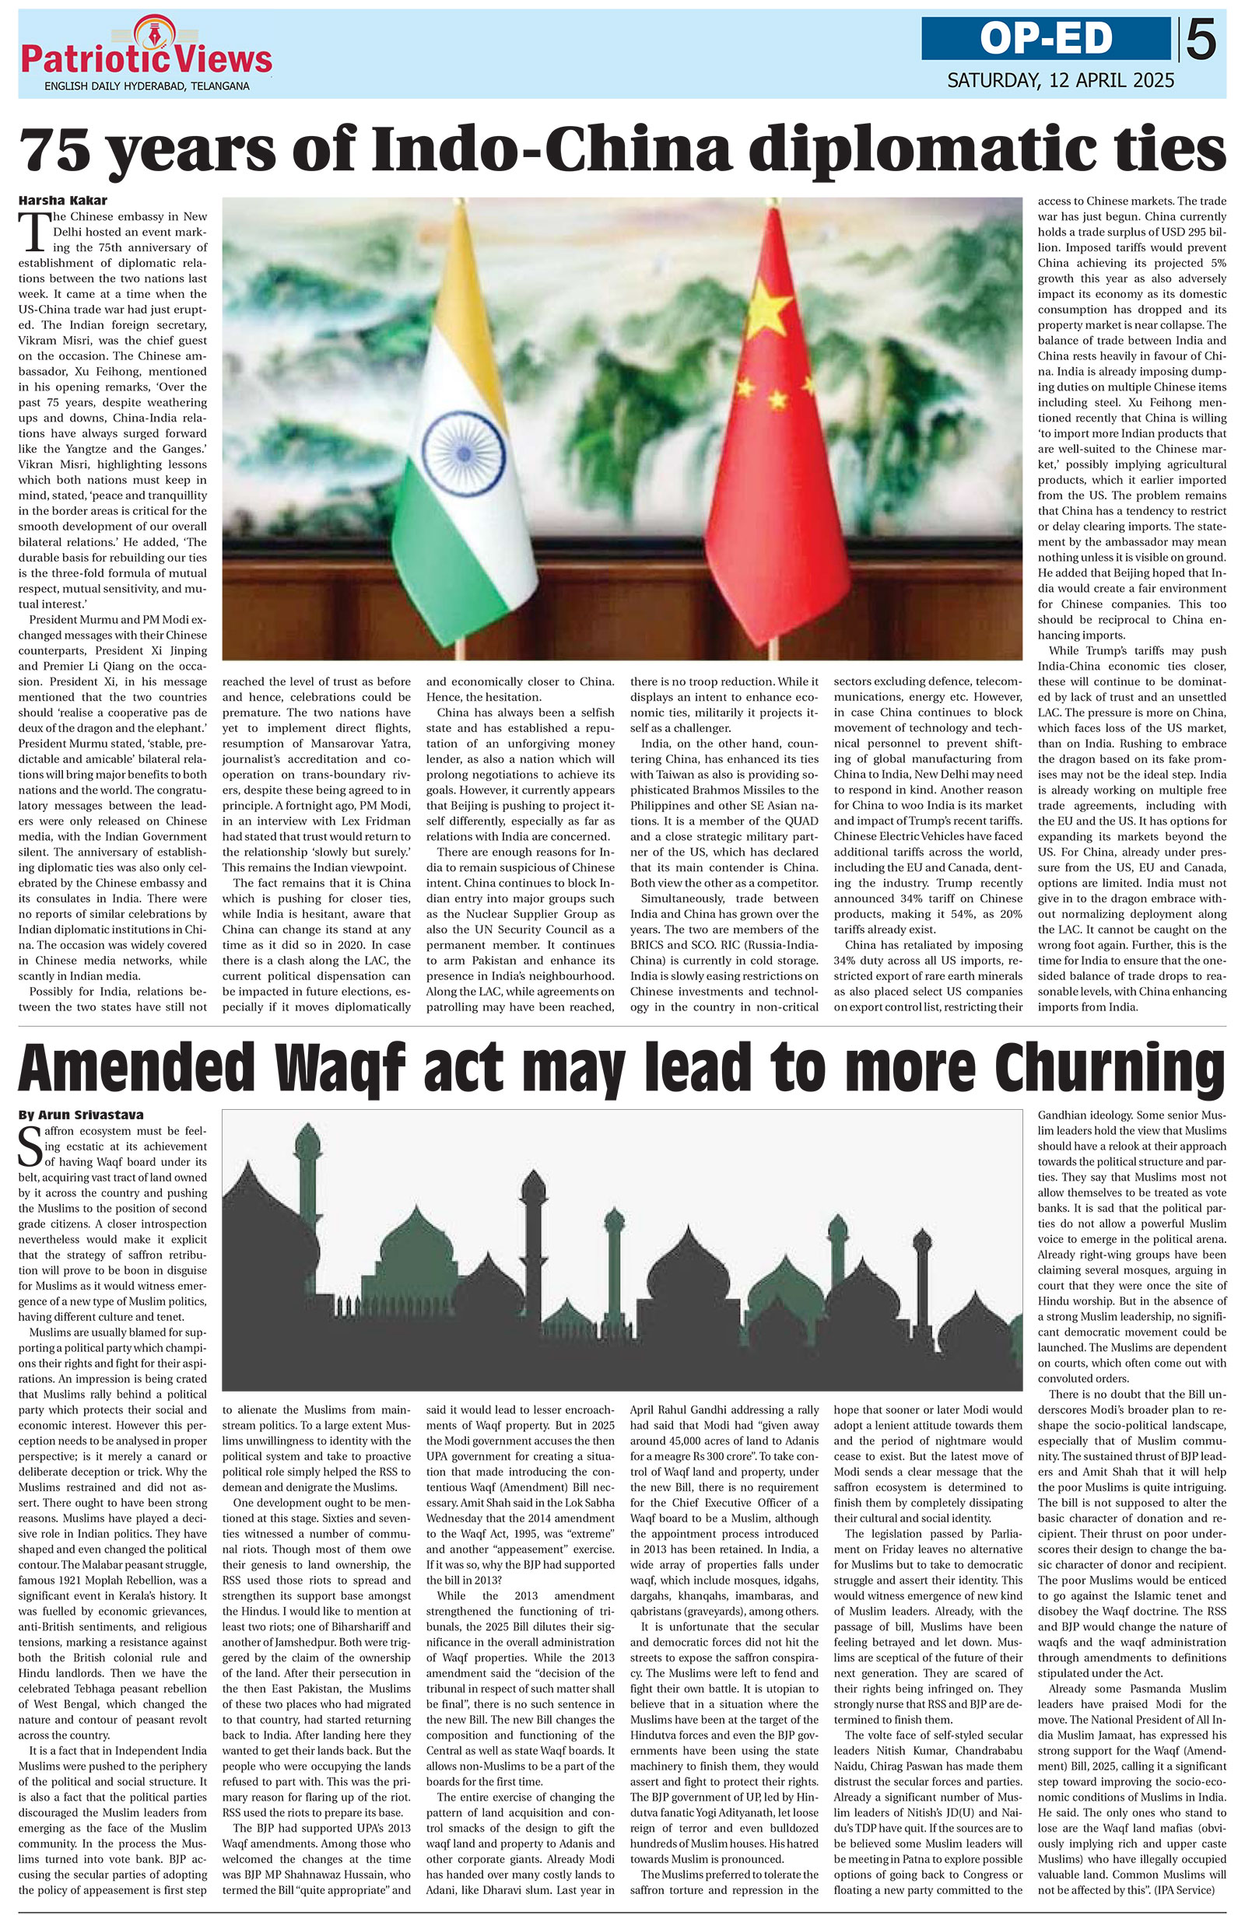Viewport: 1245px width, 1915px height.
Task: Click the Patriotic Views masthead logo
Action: [x=146, y=56]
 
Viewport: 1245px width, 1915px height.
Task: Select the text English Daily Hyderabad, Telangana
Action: [x=146, y=86]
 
